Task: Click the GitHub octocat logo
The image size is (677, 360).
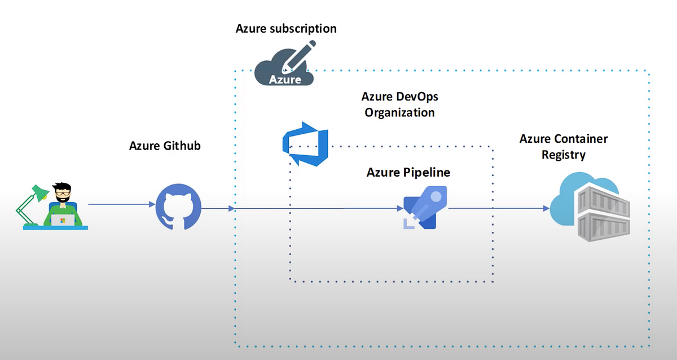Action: click(x=178, y=208)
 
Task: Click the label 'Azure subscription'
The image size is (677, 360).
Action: click(x=286, y=28)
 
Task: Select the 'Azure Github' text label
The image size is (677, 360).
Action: click(x=165, y=146)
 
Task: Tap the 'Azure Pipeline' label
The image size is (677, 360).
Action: click(x=408, y=172)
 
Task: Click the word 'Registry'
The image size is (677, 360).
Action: click(x=564, y=155)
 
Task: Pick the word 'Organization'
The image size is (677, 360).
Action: click(x=399, y=112)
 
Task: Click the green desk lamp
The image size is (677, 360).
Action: click(x=31, y=203)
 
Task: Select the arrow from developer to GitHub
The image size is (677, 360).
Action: click(x=121, y=205)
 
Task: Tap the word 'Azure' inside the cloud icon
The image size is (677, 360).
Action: click(x=285, y=79)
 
